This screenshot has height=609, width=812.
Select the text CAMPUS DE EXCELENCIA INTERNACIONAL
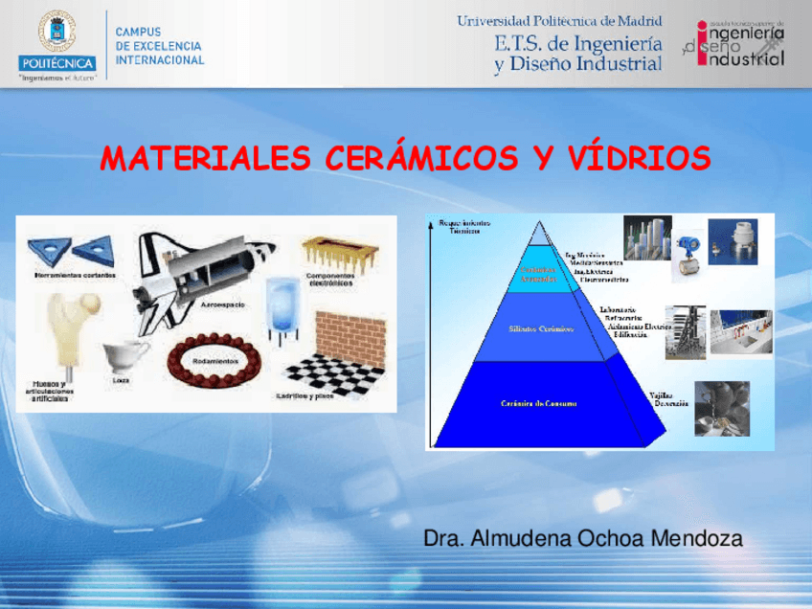click(x=159, y=46)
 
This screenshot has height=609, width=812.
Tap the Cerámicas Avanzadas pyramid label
click(x=538, y=275)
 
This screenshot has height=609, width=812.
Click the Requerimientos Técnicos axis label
click(x=464, y=227)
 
